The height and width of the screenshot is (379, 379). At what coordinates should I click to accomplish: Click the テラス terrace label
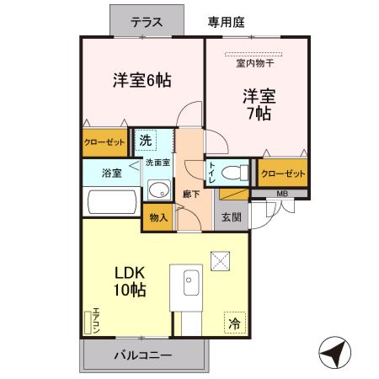pyautogui.click(x=147, y=23)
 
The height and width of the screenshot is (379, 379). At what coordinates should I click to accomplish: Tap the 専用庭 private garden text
pyautogui.click(x=226, y=23)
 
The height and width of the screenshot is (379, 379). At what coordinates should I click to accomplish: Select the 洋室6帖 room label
pyautogui.click(x=142, y=81)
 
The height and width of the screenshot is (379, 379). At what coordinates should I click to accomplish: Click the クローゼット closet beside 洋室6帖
pyautogui.click(x=104, y=142)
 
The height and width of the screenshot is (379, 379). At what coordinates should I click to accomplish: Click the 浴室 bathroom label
pyautogui.click(x=111, y=173)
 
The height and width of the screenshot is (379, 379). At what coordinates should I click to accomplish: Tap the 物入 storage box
pyautogui.click(x=158, y=217)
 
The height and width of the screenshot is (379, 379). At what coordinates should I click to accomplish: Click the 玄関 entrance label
pyautogui.click(x=231, y=216)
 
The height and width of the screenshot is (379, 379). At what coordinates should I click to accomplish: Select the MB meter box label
pyautogui.click(x=281, y=194)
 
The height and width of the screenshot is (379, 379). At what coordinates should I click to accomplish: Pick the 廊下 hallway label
pyautogui.click(x=190, y=195)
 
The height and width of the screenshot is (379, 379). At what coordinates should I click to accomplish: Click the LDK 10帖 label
pyautogui.click(x=131, y=281)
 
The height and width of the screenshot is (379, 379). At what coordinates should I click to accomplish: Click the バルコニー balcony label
pyautogui.click(x=142, y=355)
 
